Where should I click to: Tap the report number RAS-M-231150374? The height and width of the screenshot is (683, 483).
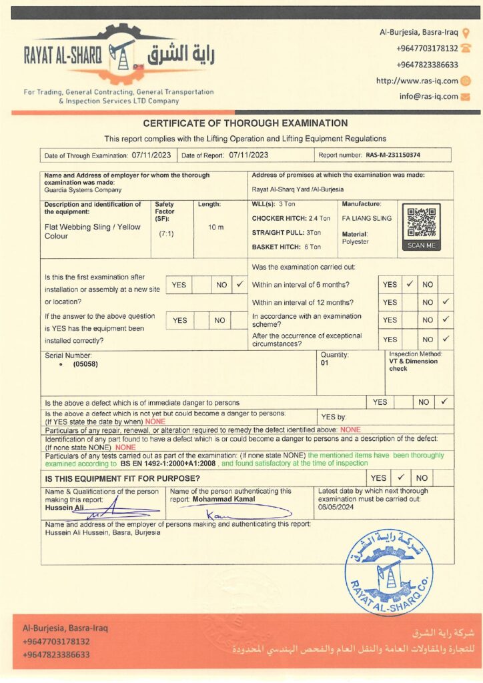[393, 155]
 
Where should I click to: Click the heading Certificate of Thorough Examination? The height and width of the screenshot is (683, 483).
[245, 123]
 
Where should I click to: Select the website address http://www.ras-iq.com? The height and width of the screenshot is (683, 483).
[417, 81]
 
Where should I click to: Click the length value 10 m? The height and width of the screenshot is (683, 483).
[215, 227]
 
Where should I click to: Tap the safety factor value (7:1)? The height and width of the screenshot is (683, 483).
[166, 234]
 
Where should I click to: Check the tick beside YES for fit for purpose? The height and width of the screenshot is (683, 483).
[400, 478]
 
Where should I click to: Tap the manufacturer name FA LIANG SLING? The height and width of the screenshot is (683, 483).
[366, 218]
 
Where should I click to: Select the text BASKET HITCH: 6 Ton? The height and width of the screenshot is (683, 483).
[286, 247]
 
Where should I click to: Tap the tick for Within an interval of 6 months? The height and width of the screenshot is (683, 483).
[410, 284]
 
